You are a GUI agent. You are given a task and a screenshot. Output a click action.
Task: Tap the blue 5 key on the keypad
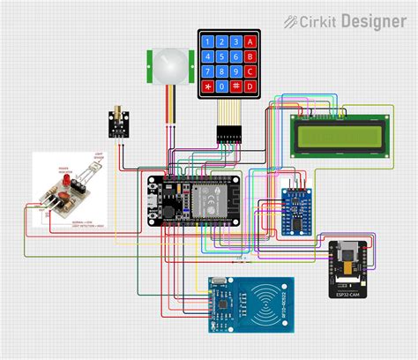(x=222, y=56)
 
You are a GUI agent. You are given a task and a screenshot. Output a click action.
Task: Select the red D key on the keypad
(x=251, y=86)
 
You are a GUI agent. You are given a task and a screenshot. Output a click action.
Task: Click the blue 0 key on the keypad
(x=222, y=86)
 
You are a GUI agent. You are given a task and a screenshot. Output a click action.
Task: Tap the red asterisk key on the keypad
(x=207, y=86)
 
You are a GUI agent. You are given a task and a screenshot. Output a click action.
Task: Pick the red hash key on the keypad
(x=237, y=86)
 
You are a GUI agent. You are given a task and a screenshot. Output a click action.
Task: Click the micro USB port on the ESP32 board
(x=154, y=211)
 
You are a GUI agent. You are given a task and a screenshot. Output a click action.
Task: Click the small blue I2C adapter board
(x=297, y=212)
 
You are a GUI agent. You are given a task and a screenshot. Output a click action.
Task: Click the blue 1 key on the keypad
(x=207, y=41)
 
